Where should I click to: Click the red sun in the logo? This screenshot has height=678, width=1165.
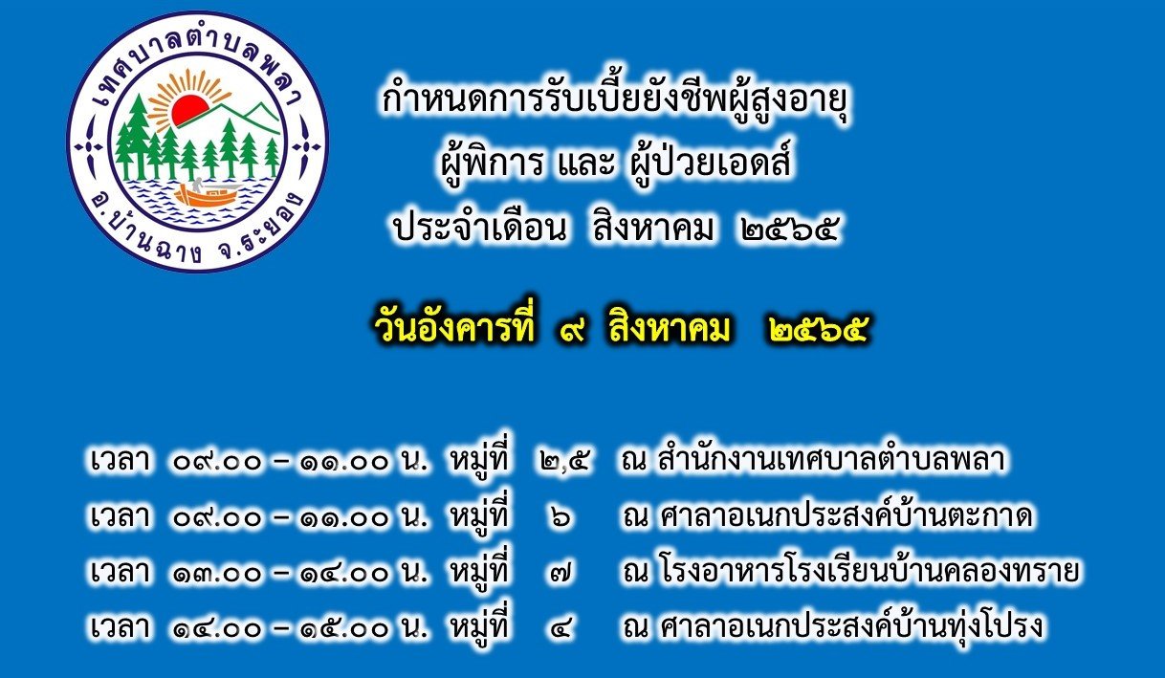coord(190,110)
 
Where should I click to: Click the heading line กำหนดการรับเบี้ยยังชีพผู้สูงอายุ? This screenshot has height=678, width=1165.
coord(616,102)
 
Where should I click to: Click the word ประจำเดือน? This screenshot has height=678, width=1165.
coord(479,230)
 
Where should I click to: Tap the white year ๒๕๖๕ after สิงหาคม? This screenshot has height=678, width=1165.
coord(789,230)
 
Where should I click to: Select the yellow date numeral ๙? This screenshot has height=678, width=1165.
coord(572,330)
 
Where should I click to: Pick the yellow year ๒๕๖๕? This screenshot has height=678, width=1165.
coord(818,330)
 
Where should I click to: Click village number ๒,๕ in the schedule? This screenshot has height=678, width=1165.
coord(564,461)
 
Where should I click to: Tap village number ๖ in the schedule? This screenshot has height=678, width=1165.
coord(561,516)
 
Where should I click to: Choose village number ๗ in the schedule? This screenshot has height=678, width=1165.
coord(561,573)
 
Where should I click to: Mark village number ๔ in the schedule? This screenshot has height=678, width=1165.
coord(561,628)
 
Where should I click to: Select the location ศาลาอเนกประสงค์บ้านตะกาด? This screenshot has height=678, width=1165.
coord(846,514)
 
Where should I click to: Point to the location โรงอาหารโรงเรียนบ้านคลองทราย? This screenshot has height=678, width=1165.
coord(868,570)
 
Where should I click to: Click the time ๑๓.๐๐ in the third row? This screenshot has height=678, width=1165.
coord(216,573)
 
